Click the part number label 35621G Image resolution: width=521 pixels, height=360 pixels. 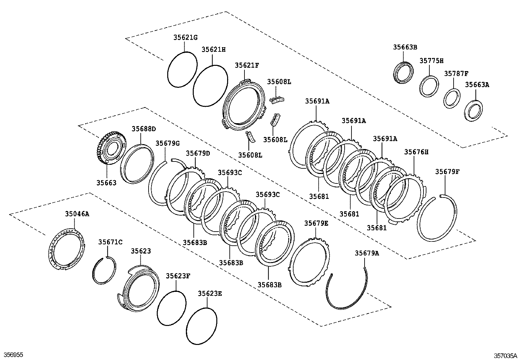pyautogui.click(x=185, y=38)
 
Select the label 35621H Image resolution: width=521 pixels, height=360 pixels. pyautogui.click(x=213, y=50)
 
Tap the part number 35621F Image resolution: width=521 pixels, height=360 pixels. pyautogui.click(x=247, y=66)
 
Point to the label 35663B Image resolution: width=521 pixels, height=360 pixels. pyautogui.click(x=405, y=47)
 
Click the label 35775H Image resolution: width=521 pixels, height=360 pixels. pyautogui.click(x=432, y=61)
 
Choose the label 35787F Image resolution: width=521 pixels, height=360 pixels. pyautogui.click(x=456, y=74)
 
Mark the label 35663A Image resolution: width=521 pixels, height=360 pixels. pyautogui.click(x=477, y=85)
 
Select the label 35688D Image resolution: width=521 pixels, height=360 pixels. pyautogui.click(x=144, y=129)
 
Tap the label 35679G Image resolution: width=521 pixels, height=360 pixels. pyautogui.click(x=168, y=143)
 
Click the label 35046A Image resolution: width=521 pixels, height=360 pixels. pyautogui.click(x=77, y=214)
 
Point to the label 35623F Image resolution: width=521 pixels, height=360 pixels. pyautogui.click(x=178, y=276)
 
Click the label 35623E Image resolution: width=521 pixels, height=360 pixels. pyautogui.click(x=210, y=294)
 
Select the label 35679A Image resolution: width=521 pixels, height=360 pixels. pyautogui.click(x=367, y=253)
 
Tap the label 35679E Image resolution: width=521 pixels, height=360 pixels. pyautogui.click(x=316, y=223)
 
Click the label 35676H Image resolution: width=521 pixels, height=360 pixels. pyautogui.click(x=416, y=152)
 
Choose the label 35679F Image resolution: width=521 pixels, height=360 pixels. pyautogui.click(x=447, y=172)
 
